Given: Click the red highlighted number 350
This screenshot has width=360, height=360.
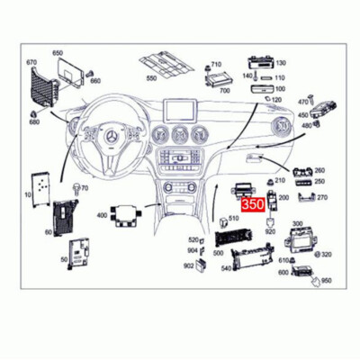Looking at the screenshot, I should (x=254, y=205).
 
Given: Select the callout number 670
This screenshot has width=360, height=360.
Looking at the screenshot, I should (x=32, y=63).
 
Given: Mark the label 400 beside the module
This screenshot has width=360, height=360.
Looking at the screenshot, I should (x=102, y=215).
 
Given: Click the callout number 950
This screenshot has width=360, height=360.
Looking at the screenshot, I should (x=326, y=281).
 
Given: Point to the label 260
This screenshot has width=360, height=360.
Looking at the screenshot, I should (x=319, y=170).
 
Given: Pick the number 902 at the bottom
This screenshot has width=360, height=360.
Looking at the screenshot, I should (x=188, y=265).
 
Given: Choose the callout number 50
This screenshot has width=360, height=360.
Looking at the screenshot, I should (x=63, y=259).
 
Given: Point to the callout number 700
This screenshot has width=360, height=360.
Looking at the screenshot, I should (x=224, y=91).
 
